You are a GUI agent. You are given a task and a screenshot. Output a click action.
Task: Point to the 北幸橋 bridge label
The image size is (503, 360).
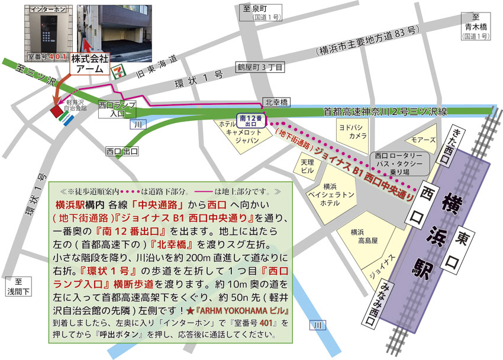click(276, 102)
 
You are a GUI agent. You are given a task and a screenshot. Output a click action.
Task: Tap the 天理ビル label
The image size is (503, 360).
click(307, 166)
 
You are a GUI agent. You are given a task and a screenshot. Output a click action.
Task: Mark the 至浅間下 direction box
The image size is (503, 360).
click(18, 287)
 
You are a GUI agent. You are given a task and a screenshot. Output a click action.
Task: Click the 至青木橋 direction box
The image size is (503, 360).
click(475, 27)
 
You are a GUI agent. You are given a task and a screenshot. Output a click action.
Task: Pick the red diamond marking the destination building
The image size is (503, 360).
click(57, 110)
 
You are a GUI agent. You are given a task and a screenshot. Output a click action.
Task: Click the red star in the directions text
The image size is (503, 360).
click(190, 311)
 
